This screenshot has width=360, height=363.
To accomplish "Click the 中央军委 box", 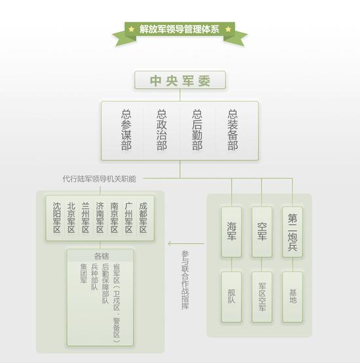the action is (180, 80).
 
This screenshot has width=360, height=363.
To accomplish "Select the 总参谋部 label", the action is (126, 130).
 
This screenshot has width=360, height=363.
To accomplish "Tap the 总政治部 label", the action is (162, 130).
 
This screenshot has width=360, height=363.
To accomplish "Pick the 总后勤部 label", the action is (197, 130).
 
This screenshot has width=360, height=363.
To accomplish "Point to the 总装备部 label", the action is (232, 130).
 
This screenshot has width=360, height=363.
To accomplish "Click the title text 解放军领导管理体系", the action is (179, 29).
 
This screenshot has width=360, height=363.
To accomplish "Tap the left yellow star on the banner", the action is (132, 29).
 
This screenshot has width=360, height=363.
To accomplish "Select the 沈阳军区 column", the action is (57, 218).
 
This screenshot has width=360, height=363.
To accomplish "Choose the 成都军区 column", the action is (143, 218).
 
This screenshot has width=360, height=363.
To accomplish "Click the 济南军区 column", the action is (100, 218).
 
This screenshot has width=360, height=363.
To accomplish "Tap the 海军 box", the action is (231, 232).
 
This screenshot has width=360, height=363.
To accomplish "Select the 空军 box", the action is (262, 232).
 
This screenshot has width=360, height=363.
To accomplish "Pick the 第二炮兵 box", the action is (293, 232).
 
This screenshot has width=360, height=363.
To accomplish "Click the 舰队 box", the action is (231, 297).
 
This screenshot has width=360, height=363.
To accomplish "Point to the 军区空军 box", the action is (262, 297).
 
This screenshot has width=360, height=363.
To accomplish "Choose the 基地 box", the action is (293, 297).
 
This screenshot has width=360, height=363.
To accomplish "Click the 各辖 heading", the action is (101, 256).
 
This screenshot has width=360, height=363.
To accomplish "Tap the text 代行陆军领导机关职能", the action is (99, 179).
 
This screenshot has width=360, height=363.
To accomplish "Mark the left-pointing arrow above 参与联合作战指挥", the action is (186, 243).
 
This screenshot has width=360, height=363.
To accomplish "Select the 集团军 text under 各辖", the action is (84, 273).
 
